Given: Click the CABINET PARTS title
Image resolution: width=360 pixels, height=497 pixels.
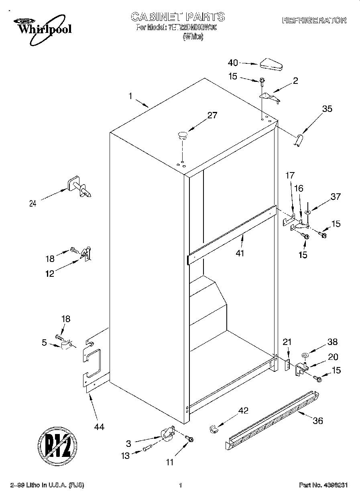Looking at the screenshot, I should click(178, 17).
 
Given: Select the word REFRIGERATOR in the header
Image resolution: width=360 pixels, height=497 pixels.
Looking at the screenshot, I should click(314, 20).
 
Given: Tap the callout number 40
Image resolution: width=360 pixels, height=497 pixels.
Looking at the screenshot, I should click(233, 63).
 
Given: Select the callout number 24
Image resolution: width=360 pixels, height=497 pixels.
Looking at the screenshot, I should click(33, 203).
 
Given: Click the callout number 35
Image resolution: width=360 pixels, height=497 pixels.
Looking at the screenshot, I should click(327, 109).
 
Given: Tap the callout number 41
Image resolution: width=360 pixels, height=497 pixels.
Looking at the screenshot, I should click(240, 253).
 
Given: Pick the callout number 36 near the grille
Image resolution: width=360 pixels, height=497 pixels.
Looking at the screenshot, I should click(317, 421).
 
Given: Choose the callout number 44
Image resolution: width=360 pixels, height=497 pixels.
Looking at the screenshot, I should click(99, 427).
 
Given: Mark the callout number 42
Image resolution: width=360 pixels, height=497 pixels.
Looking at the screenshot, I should click(243, 411).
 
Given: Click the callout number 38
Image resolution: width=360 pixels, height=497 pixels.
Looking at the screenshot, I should click(332, 342).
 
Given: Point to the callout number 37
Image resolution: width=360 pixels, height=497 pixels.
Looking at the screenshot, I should click(336, 197).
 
